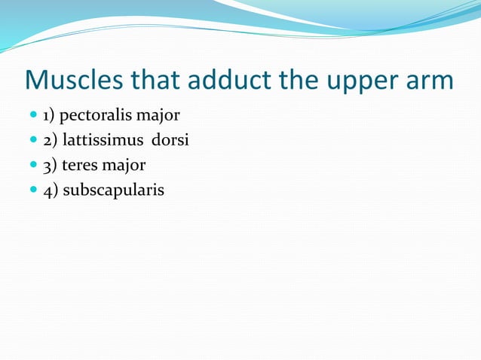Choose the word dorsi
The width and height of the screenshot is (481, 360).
(x=170, y=140)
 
